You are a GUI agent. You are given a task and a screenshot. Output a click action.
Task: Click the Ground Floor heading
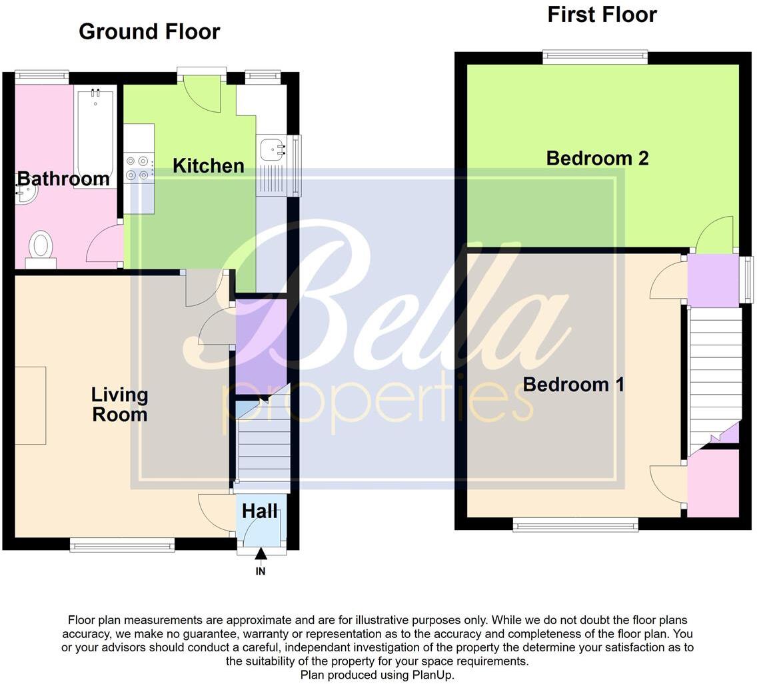point(149,31)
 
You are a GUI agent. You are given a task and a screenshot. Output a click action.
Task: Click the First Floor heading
point(602,15)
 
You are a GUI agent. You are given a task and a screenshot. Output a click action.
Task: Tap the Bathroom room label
point(63,179)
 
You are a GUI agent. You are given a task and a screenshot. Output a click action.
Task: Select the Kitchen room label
point(208,166)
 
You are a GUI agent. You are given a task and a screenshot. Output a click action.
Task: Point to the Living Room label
point(119,404)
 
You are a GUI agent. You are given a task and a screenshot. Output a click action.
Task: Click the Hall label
point(259,511)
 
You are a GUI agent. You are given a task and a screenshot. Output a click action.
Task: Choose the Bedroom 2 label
point(597,158)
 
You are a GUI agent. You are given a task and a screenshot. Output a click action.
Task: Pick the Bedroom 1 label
point(573,385)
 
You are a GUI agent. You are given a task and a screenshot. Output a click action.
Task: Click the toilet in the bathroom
point(41,247)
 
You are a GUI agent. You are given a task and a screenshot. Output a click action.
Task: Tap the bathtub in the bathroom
point(95,137)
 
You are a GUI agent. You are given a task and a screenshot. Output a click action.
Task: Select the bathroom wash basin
point(25,191)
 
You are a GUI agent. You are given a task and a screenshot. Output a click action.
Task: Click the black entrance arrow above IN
point(261,553)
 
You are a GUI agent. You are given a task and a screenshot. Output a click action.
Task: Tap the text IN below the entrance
point(261,571)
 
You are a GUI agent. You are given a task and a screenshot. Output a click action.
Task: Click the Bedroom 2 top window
point(595,57)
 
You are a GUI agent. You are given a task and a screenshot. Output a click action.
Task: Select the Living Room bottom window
point(122,546)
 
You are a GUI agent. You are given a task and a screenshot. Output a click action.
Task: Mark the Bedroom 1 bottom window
point(575,526)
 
